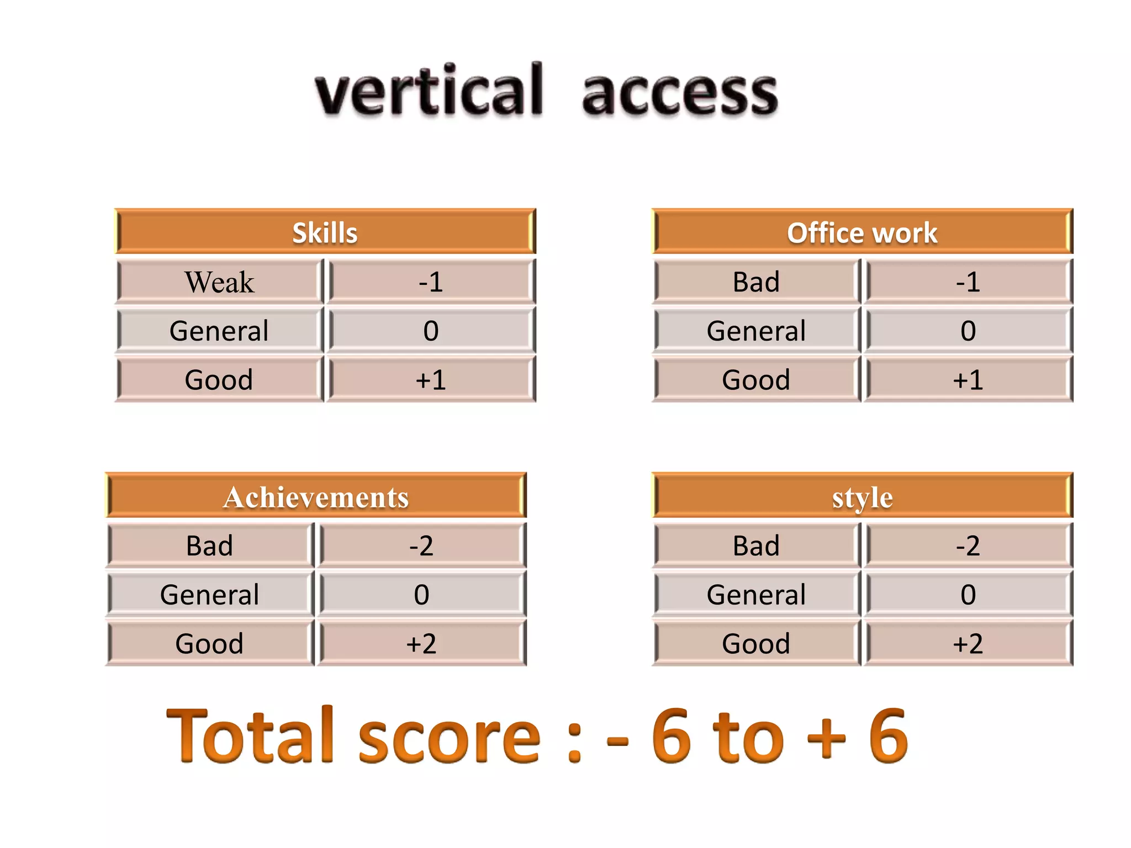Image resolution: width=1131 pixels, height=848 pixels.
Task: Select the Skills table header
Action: click(x=325, y=232)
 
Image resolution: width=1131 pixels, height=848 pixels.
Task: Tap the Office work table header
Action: click(x=862, y=232)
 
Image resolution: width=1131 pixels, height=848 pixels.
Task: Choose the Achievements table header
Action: click(x=316, y=496)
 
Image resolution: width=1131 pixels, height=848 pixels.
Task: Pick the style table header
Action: click(x=862, y=496)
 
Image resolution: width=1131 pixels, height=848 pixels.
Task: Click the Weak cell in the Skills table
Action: click(x=219, y=282)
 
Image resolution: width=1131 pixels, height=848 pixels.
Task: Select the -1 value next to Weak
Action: click(x=431, y=282)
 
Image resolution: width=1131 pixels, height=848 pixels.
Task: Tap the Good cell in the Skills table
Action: click(x=219, y=380)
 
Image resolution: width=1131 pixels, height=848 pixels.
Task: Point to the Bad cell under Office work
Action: click(x=756, y=282)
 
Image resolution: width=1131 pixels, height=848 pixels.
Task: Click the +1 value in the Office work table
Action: click(x=968, y=380)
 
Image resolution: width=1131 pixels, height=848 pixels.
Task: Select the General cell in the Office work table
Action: click(x=756, y=331)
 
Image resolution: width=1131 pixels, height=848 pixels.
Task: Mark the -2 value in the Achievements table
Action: click(x=421, y=545)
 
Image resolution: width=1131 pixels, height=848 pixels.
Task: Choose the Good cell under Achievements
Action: click(x=209, y=643)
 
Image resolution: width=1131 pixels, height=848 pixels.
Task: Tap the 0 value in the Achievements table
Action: click(x=421, y=595)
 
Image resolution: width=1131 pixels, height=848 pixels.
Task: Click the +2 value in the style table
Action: click(x=968, y=643)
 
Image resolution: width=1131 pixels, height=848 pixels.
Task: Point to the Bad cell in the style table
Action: click(x=756, y=545)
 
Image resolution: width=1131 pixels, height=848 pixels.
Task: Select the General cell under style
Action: click(x=756, y=595)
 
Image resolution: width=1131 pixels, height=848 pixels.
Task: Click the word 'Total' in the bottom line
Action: click(x=251, y=736)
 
